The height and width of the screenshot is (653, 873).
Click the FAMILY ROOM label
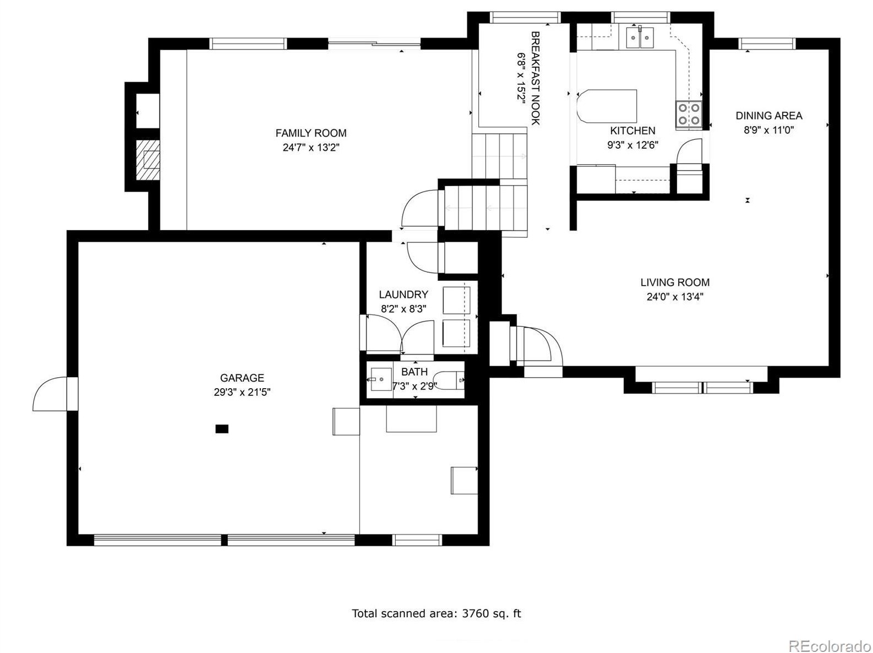click(310, 133)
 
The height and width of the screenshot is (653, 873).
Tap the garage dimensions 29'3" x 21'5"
click(242, 392)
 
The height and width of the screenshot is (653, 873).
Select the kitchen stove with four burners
click(689, 114)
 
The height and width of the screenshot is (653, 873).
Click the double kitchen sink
click(640, 38)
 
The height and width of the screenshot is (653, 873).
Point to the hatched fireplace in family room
click(148, 160)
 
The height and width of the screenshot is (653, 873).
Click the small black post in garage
click(222, 429)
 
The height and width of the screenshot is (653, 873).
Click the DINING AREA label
click(768, 116)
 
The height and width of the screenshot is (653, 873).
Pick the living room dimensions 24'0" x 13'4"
click(675, 297)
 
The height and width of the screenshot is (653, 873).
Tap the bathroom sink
click(381, 379)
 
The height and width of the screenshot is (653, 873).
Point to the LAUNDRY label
click(403, 294)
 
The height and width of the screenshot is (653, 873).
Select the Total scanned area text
click(436, 613)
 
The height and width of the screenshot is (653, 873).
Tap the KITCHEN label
click(632, 130)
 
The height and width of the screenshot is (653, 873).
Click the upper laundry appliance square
click(456, 300)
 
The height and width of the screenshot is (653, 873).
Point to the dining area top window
click(767, 43)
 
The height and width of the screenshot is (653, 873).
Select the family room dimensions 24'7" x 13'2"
click(310, 148)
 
